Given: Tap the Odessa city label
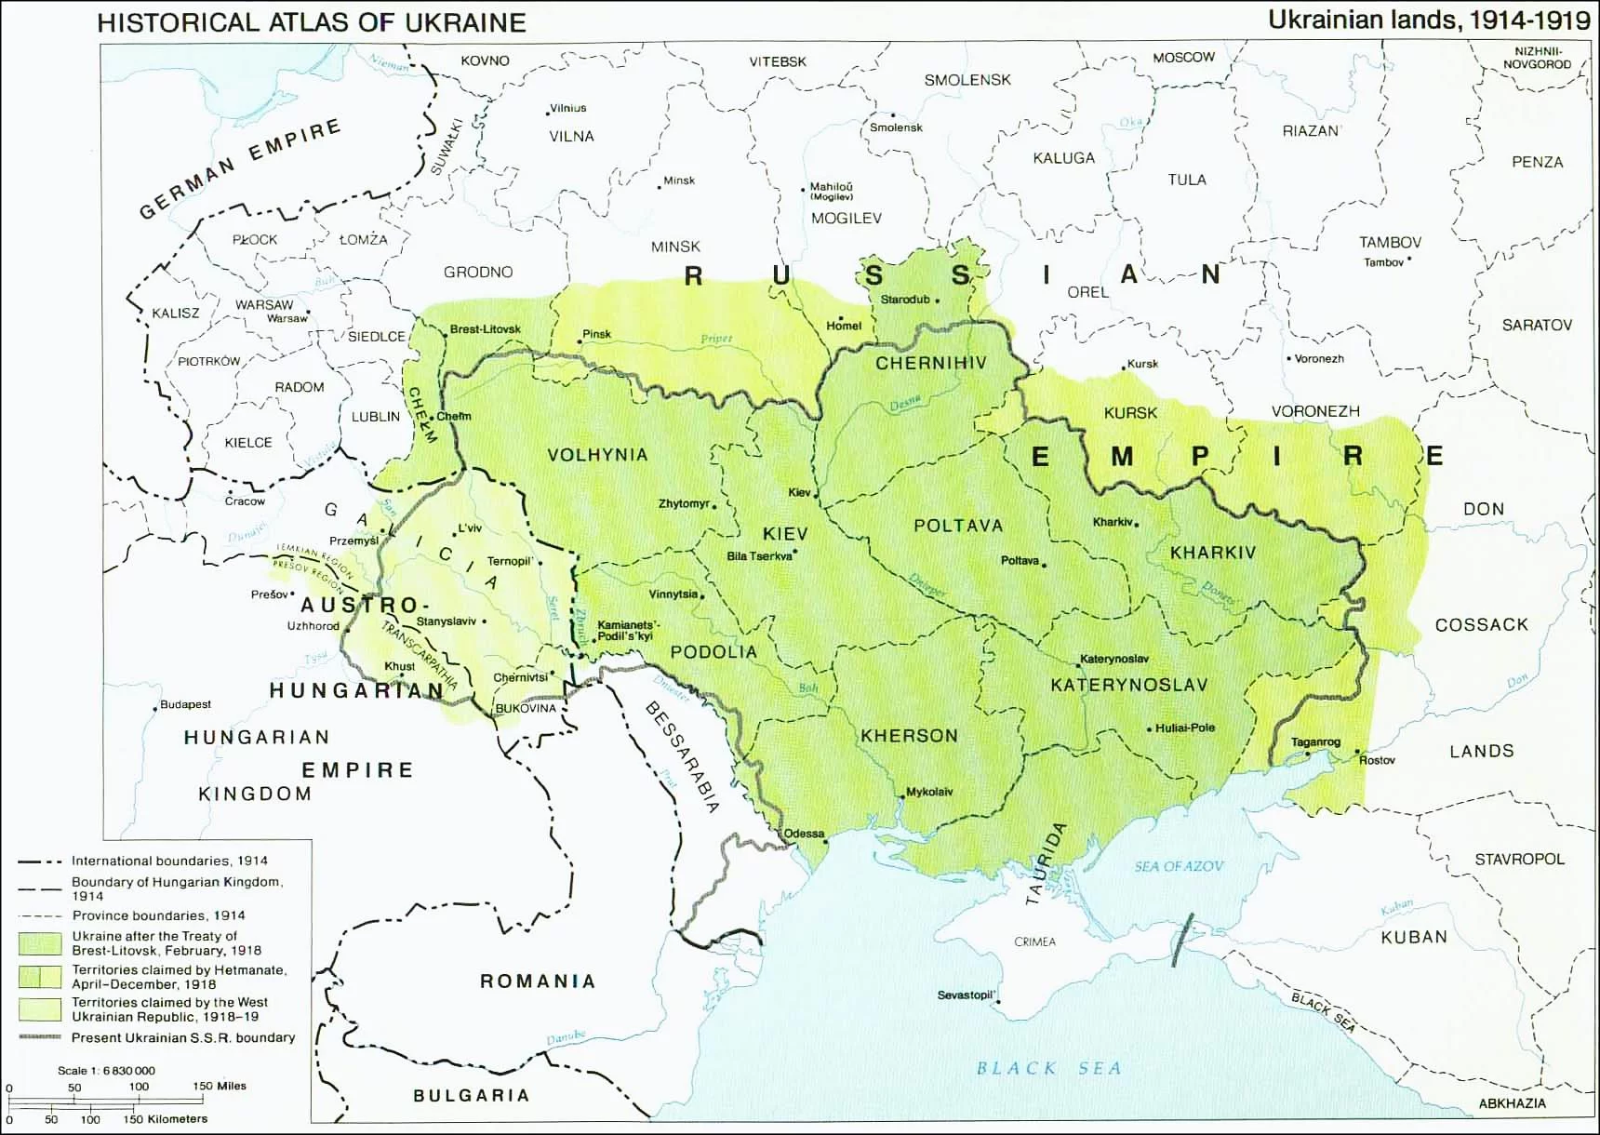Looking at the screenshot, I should pyautogui.click(x=804, y=834).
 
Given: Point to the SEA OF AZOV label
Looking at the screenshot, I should pyautogui.click(x=1179, y=866).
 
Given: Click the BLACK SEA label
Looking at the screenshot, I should pyautogui.click(x=1048, y=1068).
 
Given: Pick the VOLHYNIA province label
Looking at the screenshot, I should pyautogui.click(x=597, y=455).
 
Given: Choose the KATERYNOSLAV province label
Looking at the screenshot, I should pyautogui.click(x=1128, y=686).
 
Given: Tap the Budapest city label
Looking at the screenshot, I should pyautogui.click(x=186, y=704).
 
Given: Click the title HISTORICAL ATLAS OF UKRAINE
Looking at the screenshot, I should pyautogui.click(x=312, y=22).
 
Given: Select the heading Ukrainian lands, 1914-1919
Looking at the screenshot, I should pyautogui.click(x=1429, y=20).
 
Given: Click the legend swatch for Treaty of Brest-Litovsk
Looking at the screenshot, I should pyautogui.click(x=40, y=942).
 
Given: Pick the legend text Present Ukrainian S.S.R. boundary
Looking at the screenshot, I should pyautogui.click(x=183, y=1037).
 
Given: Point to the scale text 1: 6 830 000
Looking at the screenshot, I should pyautogui.click(x=106, y=1070).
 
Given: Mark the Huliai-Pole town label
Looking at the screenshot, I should pyautogui.click(x=1185, y=728).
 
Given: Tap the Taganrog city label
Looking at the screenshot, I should pyautogui.click(x=1315, y=741).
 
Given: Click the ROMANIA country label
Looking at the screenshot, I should pyautogui.click(x=537, y=981).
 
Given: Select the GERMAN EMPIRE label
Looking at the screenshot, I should pyautogui.click(x=240, y=169).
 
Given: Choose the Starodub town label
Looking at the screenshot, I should pyautogui.click(x=905, y=300).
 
